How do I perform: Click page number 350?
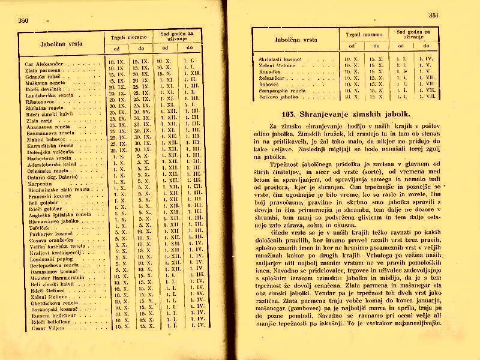click(x=24, y=21)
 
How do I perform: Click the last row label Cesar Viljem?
click(x=43, y=327)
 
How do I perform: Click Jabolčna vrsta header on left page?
click(x=61, y=43)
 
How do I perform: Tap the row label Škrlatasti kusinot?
click(x=280, y=59)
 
